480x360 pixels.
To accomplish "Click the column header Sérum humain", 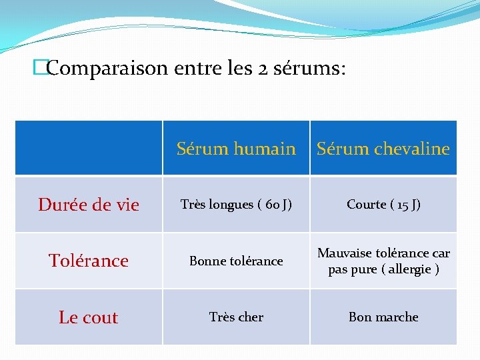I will (x=236, y=149).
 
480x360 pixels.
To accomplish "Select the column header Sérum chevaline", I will (x=383, y=149).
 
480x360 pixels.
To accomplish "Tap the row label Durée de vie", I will (x=89, y=205).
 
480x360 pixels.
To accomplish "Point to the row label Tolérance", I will (x=89, y=261).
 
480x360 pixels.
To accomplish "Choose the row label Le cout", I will (x=89, y=317).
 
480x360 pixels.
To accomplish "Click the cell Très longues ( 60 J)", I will (x=236, y=205).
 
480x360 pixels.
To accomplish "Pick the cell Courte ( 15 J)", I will (x=383, y=205).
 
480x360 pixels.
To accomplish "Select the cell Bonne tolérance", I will (x=236, y=261).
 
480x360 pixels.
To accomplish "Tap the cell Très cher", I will (x=236, y=317).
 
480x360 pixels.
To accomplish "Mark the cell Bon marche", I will (x=383, y=317).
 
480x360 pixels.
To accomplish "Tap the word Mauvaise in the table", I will (x=344, y=253).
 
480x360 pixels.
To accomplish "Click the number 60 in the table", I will (x=272, y=205).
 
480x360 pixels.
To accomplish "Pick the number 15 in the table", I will (x=404, y=205).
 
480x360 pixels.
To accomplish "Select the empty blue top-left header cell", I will (x=89, y=148).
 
